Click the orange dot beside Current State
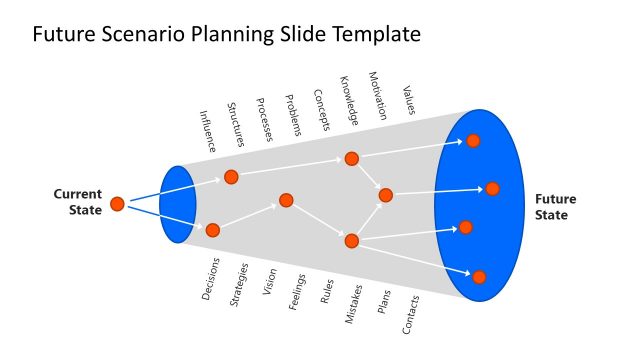pos(117,204)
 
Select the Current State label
pos(78,201)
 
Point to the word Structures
pos(237,124)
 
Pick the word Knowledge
pos(349,101)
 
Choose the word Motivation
pos(378,96)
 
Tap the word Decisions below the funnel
pos(211,279)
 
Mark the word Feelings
pos(297,291)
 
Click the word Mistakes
pos(354,303)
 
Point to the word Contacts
pos(412,313)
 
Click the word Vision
pos(269,283)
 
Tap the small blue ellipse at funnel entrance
pos(177,204)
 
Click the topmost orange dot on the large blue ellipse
pos(473,141)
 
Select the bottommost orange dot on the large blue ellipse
pos(479,277)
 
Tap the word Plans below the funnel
pos(384,303)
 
